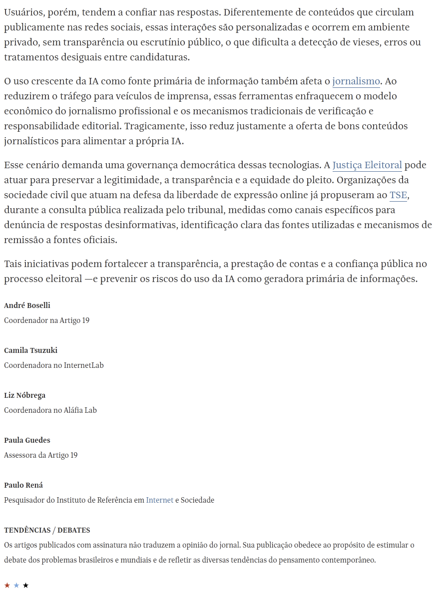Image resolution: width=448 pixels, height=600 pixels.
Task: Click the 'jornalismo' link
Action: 356,81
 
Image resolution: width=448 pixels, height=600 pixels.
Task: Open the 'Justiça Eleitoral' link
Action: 367,165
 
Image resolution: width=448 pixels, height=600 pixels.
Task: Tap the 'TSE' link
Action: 398,195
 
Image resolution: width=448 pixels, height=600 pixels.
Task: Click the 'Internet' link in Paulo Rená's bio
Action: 160,500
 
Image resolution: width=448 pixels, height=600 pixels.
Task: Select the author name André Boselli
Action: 27,305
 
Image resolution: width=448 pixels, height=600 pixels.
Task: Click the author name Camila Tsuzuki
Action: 30,350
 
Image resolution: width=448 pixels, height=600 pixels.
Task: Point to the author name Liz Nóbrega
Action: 24,395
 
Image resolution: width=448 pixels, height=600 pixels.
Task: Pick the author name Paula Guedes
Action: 27,440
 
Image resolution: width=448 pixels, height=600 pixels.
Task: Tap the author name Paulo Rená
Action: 23,485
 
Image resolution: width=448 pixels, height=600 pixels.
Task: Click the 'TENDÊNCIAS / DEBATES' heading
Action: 47,530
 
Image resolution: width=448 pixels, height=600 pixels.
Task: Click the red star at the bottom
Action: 7,585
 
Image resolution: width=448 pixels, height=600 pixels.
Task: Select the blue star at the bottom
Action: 16,585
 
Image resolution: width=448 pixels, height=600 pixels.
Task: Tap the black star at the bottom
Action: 26,585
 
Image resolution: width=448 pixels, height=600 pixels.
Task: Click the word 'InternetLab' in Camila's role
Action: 84,365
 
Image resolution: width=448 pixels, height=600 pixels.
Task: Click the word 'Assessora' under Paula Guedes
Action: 20,455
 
